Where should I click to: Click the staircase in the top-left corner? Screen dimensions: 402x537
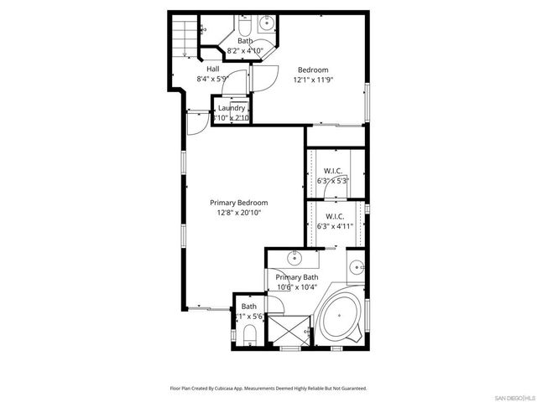(185, 37)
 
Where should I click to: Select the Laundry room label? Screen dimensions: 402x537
(231, 108)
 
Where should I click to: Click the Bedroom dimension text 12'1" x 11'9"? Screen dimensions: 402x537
(311, 80)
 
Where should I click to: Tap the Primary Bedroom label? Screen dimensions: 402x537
(238, 203)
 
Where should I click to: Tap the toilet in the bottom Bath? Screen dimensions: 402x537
(249, 335)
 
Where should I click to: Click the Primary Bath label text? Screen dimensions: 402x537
(297, 277)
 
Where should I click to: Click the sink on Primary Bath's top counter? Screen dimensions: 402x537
(295, 257)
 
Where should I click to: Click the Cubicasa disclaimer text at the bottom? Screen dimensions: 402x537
(268, 388)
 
